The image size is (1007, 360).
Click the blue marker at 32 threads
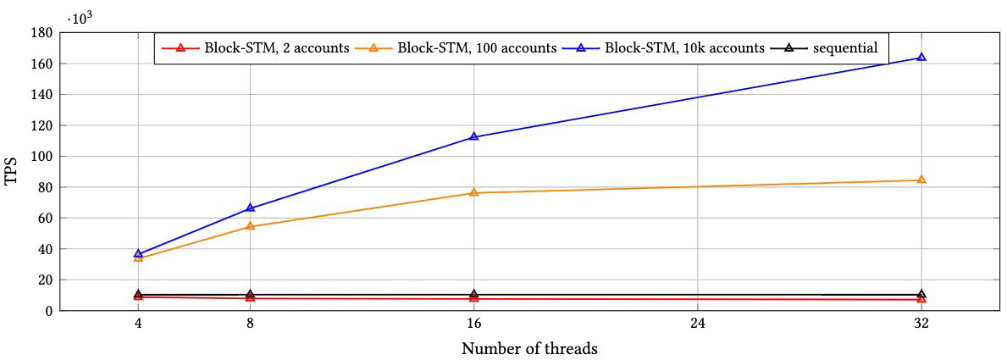click(x=921, y=58)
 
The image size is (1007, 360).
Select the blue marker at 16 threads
click(x=473, y=137)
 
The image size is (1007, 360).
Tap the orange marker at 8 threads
click(x=250, y=226)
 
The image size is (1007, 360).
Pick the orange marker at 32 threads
click(x=921, y=180)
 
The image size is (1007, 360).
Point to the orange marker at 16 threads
click(x=473, y=193)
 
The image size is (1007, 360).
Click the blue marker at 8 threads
click(x=250, y=208)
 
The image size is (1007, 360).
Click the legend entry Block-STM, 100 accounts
click(x=452, y=48)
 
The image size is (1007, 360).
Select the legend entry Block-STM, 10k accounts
click(x=661, y=48)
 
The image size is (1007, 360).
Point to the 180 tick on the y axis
click(x=42, y=33)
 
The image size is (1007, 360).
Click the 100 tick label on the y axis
click(x=42, y=157)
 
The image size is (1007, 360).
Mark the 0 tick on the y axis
click(x=48, y=311)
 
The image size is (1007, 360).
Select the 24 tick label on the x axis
click(x=697, y=324)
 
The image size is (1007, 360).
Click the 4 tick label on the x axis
click(x=138, y=324)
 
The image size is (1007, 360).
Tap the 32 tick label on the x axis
click(x=921, y=324)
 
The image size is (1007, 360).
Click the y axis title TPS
click(x=11, y=172)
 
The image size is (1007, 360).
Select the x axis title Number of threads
click(x=529, y=348)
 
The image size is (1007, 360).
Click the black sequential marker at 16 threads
click(x=473, y=295)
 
